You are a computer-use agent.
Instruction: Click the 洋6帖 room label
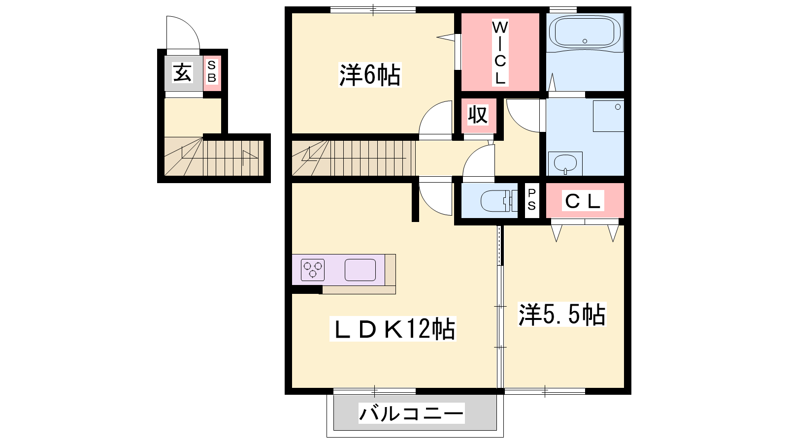370,74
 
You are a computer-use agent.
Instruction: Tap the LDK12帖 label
393,328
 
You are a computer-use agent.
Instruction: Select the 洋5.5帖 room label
562,315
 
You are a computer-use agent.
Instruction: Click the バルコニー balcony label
411,413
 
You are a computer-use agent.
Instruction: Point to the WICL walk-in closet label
500,53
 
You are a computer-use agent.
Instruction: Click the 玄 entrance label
182,73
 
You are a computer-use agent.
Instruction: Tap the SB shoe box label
212,72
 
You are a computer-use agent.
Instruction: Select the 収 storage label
478,115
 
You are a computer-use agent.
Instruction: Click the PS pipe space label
531,199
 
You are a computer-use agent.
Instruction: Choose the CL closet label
583,201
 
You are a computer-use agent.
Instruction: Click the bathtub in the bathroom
585,32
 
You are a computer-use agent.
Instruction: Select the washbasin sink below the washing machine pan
565,163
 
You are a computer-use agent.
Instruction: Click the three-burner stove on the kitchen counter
313,270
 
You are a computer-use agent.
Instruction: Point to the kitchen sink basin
360,270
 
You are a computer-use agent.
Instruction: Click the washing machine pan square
609,116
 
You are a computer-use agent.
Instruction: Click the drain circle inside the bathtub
585,41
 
